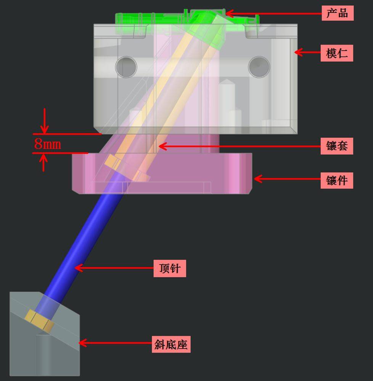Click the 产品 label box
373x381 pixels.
coord(338,13)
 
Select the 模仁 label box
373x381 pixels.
coord(337,53)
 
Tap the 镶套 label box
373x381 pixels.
coord(337,146)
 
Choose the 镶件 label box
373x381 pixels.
coord(337,180)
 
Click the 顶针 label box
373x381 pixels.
coord(170,269)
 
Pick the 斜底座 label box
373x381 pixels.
coord(171,344)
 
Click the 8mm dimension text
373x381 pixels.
coord(48,144)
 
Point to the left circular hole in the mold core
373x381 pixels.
coord(126,67)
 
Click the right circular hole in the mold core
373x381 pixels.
coord(259,67)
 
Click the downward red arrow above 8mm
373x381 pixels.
coord(45,121)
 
